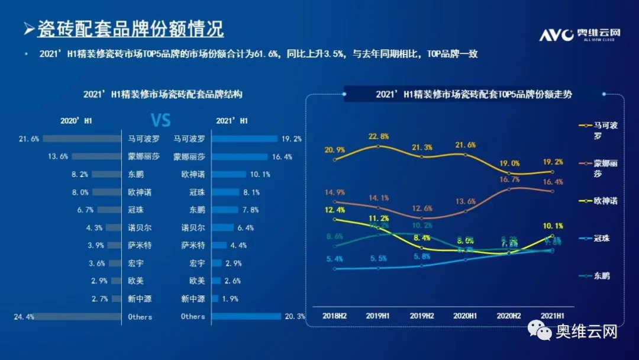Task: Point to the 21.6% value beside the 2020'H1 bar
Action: [29, 139]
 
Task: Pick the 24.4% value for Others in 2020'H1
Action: [24, 317]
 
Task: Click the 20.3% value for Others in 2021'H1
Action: [294, 317]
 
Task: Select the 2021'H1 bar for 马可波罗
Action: [244, 139]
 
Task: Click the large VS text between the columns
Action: [160, 121]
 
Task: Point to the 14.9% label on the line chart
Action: [334, 192]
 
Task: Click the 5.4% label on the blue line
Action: [334, 259]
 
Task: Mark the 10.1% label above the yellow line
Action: [551, 226]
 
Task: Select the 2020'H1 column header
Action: [76, 121]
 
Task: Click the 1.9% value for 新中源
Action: [230, 299]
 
